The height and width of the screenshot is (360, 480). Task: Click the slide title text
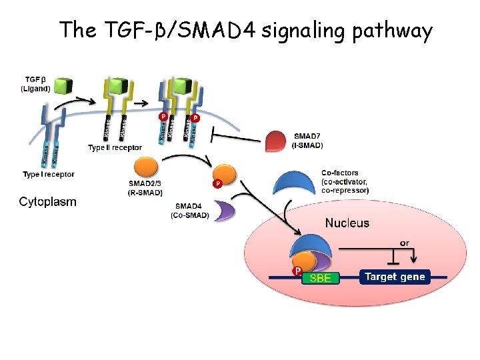point(245,31)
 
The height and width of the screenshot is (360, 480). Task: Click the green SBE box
point(320,277)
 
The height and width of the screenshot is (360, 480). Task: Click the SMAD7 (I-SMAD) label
point(308,141)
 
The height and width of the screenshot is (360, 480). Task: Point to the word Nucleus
point(347,223)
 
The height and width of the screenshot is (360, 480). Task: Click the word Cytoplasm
point(47,201)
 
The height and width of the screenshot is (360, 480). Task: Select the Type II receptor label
point(115,147)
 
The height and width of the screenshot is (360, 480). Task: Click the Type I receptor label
point(48,174)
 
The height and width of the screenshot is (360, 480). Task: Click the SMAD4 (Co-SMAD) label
point(190,211)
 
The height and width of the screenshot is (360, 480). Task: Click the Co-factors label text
point(345,181)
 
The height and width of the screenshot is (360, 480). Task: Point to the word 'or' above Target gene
point(405,243)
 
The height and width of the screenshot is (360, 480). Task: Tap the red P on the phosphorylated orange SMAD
point(217,183)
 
